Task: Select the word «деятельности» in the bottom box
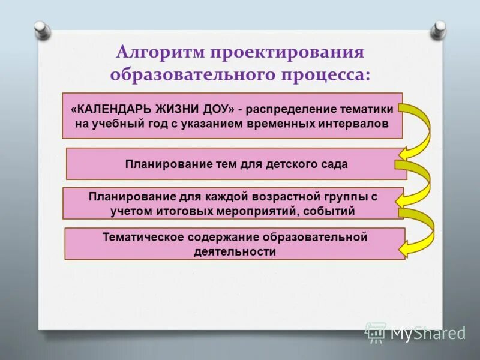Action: pos(235,251)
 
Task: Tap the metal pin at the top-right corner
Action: pos(440,28)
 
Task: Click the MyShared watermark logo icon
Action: pos(375,332)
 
